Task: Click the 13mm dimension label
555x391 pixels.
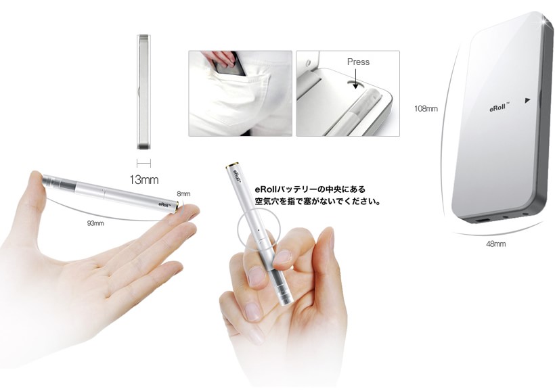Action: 143,180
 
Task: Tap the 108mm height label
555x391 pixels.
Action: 426,109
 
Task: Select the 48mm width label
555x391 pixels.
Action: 495,244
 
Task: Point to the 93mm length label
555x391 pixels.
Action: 95,223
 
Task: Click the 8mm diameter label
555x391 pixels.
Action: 183,193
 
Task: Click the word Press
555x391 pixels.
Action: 358,62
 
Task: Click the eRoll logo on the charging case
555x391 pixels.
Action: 499,107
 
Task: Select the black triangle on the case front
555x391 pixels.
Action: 527,100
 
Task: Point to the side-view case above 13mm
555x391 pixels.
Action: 143,91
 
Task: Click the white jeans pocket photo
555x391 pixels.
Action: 240,93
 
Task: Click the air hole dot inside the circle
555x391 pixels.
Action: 259,229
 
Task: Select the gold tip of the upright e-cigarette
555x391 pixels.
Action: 233,165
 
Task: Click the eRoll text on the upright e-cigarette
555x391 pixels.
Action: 237,177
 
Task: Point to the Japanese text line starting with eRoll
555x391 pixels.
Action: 310,189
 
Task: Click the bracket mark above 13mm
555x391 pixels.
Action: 143,163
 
